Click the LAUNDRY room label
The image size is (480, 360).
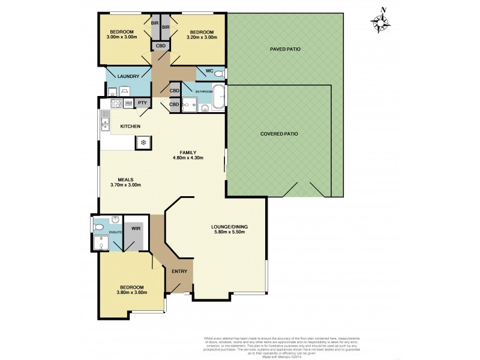[x=128, y=76]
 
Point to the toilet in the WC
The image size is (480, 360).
[x=218, y=74]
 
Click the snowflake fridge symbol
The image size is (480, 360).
[x=143, y=142]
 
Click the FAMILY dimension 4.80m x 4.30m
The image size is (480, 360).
[x=188, y=158]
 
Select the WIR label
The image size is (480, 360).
[x=136, y=229]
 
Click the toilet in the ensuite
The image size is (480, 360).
[x=98, y=227]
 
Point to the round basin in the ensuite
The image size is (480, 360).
[x=115, y=220]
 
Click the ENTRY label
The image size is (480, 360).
[x=179, y=271]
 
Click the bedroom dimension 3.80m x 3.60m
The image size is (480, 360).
[x=132, y=293]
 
